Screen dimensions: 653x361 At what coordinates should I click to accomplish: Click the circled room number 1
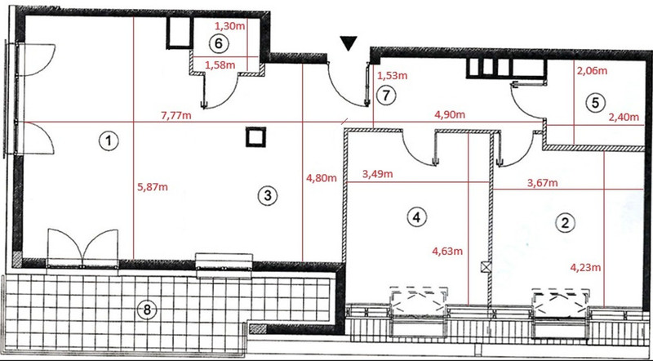[109, 141]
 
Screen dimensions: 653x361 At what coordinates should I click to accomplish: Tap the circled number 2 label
[565, 223]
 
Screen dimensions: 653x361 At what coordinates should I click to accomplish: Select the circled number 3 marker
[268, 195]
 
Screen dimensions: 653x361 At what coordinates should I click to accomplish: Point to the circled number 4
[417, 216]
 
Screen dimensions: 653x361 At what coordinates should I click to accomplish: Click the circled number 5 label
[595, 103]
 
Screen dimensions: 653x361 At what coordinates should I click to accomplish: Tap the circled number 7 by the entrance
[386, 96]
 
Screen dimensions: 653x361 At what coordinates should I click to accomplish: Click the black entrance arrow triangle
[349, 43]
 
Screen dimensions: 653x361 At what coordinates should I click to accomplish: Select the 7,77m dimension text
[176, 115]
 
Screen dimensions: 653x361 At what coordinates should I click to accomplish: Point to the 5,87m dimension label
[153, 187]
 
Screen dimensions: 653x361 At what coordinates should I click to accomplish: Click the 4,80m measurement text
[322, 179]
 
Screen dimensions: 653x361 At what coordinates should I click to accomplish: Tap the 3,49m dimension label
[377, 174]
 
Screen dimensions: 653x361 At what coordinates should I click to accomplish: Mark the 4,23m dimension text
[585, 268]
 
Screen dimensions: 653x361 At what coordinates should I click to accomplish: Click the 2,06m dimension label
[591, 71]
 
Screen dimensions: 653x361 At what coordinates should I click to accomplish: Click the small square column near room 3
[255, 137]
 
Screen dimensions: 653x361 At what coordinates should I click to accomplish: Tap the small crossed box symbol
[486, 267]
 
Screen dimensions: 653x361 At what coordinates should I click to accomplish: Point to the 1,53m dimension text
[392, 76]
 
